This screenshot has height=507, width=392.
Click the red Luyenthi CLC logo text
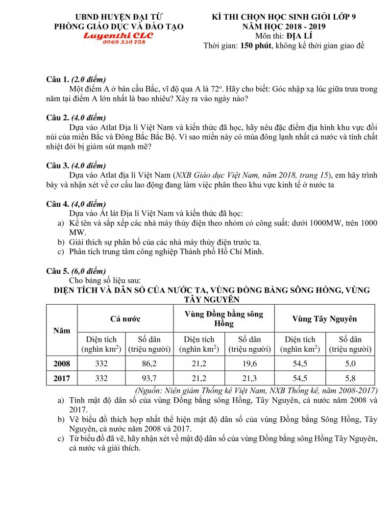pos(118,36)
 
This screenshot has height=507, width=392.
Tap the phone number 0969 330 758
pos(124,43)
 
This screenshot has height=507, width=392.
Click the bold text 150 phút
pos(256,46)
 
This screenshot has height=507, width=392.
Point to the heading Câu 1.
pos(58,79)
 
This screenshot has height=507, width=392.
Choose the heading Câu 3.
pos(58,165)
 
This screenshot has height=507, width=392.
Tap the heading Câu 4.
pos(58,204)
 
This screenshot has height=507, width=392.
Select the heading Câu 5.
pos(58,271)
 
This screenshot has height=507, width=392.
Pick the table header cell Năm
pos(62,331)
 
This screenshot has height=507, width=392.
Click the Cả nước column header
pos(125,319)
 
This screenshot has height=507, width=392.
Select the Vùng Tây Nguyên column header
pos(324,319)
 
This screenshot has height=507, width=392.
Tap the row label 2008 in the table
pos(62,364)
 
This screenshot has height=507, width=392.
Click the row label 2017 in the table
pos(62,378)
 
